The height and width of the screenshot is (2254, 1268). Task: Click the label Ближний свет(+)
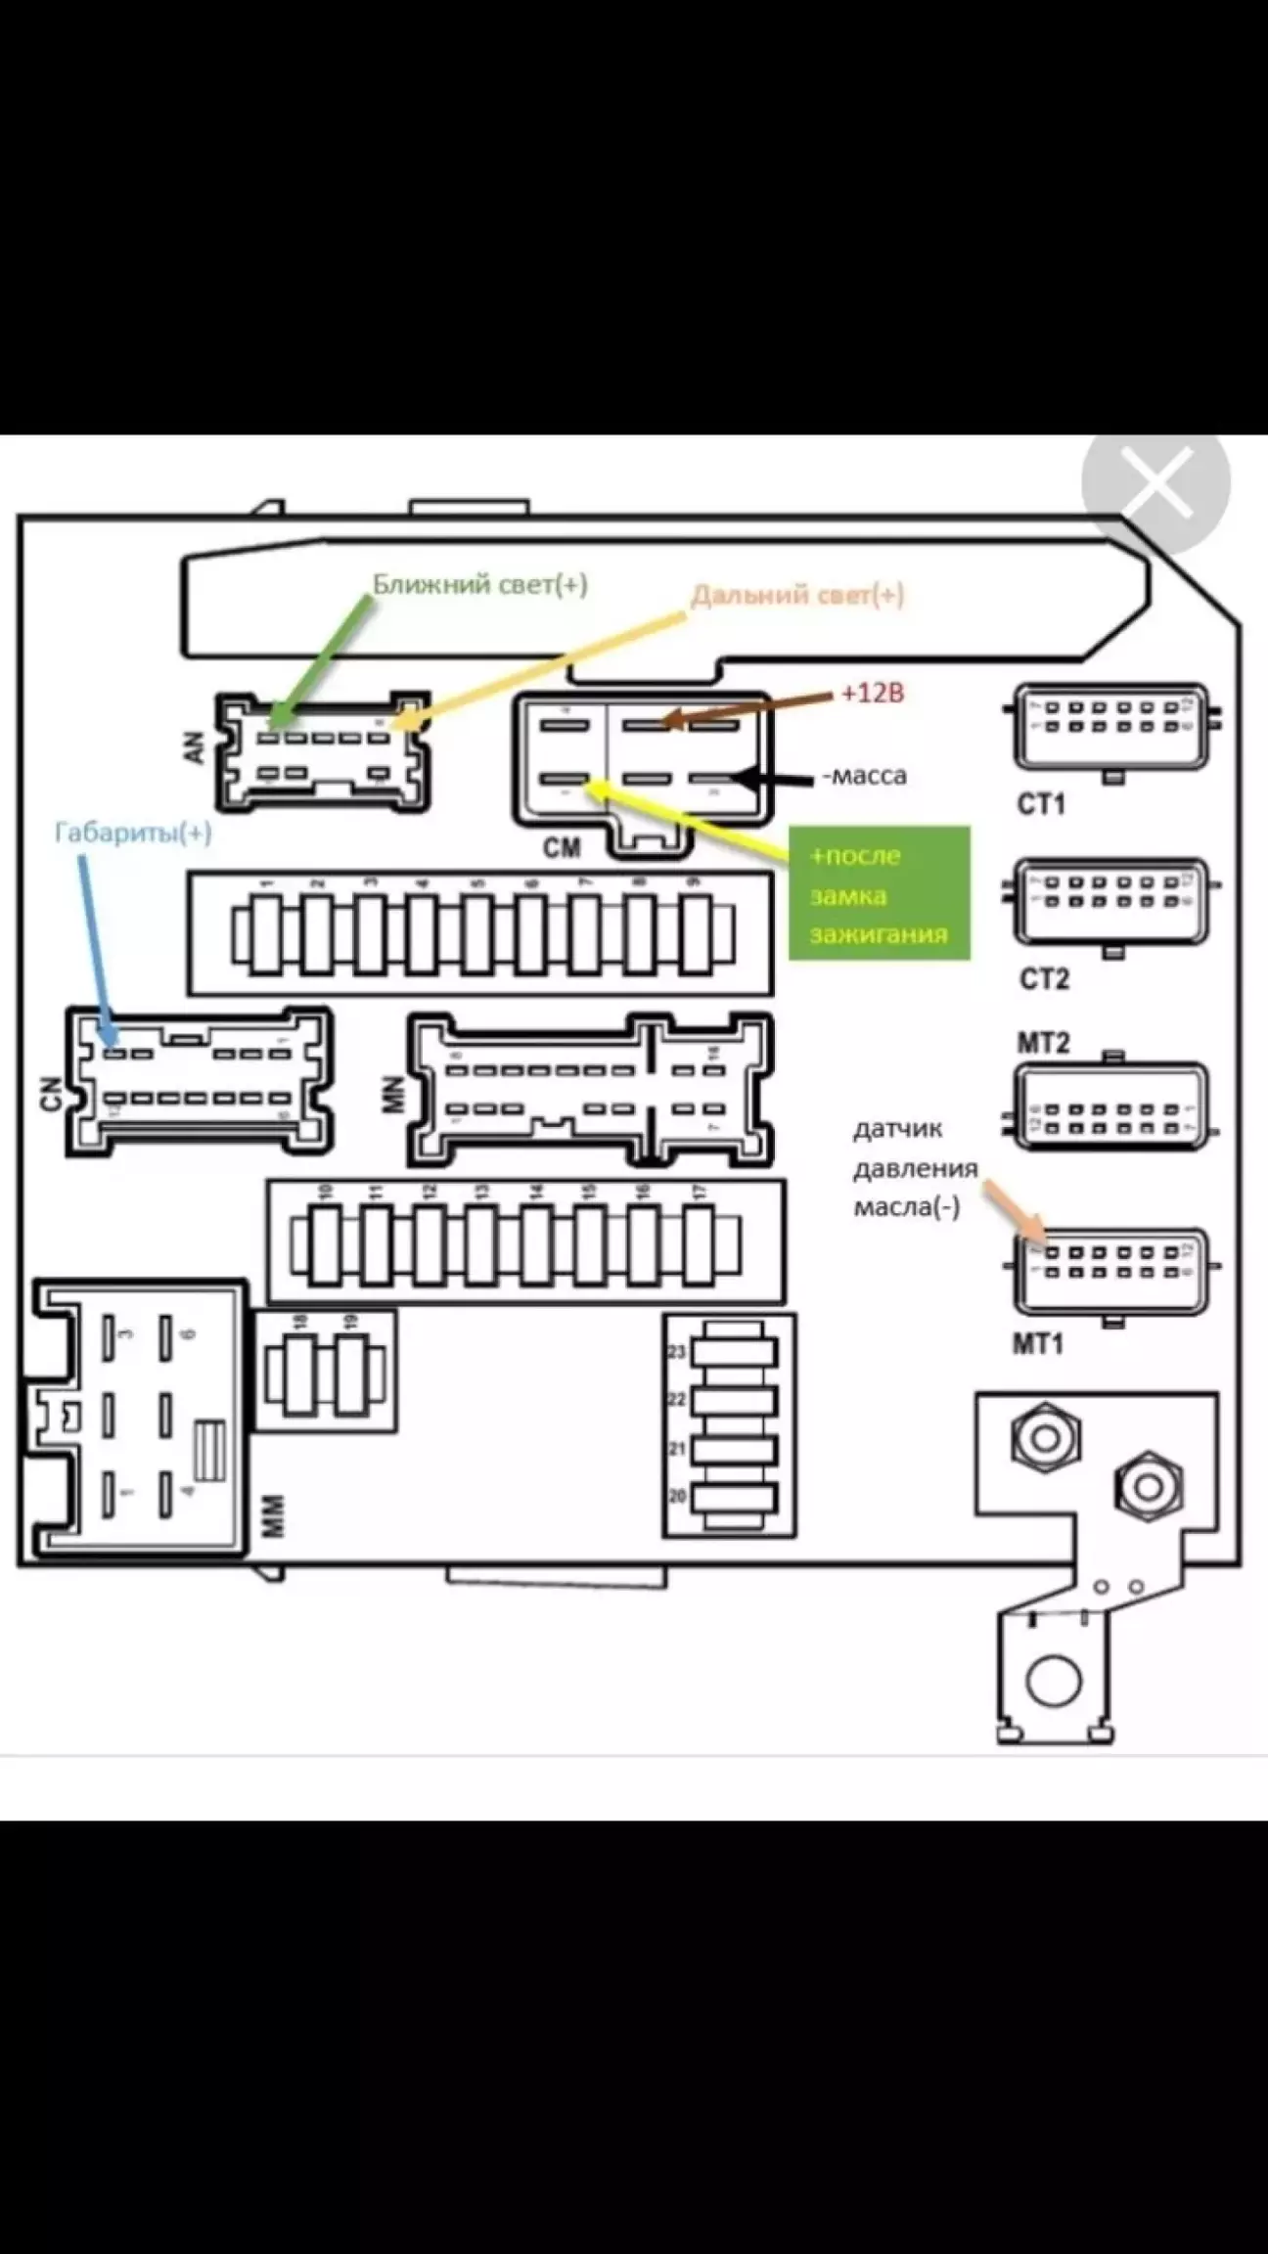479,585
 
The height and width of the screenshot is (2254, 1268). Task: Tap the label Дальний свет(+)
797,596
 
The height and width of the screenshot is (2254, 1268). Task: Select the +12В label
873,694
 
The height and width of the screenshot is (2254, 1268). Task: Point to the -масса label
865,776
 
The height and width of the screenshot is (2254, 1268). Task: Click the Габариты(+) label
133,833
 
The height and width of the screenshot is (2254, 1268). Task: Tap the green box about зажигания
880,893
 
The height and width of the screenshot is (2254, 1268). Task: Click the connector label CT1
1041,804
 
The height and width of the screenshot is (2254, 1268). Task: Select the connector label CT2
1044,978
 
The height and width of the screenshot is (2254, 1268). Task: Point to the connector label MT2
1043,1043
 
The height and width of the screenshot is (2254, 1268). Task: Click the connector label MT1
1037,1343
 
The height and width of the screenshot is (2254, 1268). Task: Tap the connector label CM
562,847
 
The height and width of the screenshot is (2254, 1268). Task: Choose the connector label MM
275,1515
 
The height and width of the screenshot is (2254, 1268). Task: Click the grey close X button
1156,481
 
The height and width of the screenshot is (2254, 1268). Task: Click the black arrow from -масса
773,779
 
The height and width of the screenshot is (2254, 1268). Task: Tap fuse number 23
734,1352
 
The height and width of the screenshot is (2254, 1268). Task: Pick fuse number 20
734,1497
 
